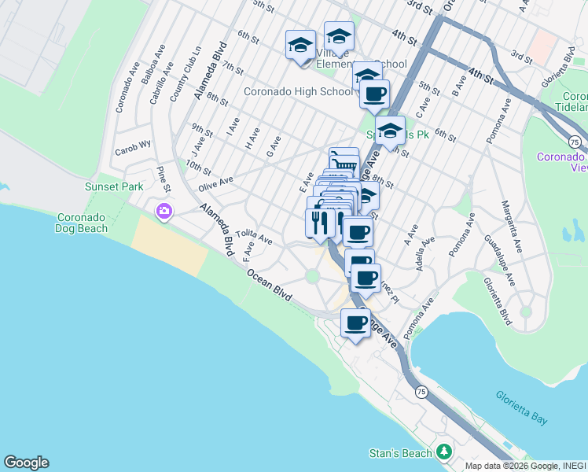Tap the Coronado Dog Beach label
[x=86, y=223]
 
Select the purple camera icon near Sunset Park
[x=164, y=210]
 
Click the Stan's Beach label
[x=401, y=453]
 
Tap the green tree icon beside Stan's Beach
[x=444, y=452]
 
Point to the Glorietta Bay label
[x=522, y=407]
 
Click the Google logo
[x=26, y=462]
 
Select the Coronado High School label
[x=298, y=91]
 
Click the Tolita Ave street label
[x=254, y=237]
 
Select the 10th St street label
[x=199, y=168]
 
